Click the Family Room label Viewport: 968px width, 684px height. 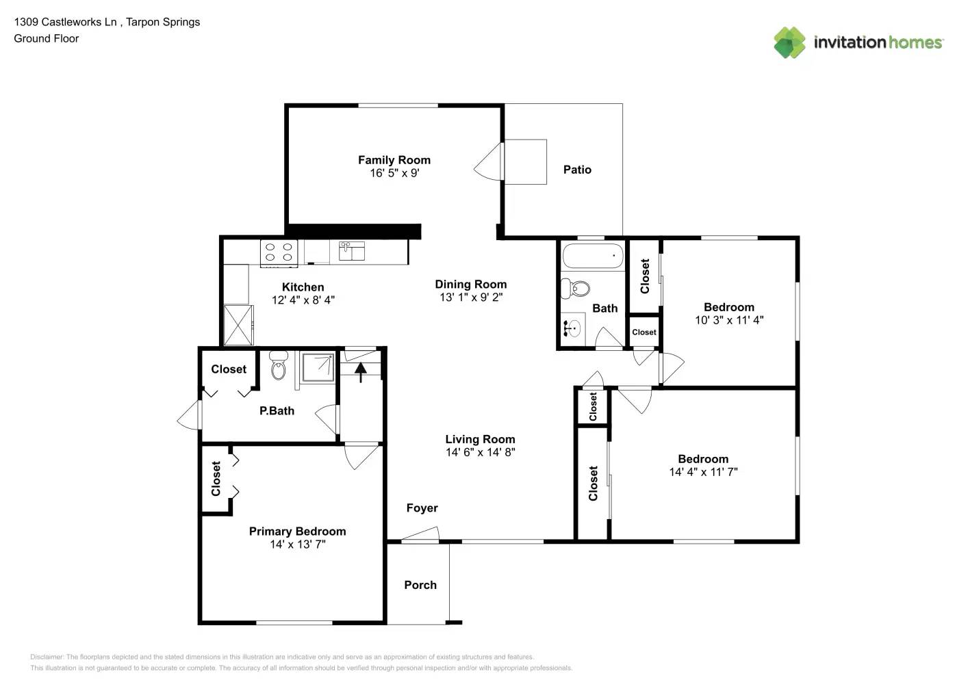[x=394, y=160]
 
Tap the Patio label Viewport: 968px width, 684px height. [x=577, y=170]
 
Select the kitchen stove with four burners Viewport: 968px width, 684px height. [x=279, y=252]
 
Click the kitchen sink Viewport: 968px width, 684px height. [x=352, y=251]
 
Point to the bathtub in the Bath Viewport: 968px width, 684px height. [x=593, y=256]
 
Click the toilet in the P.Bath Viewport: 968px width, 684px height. [x=278, y=367]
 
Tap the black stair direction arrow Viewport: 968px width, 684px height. [x=361, y=371]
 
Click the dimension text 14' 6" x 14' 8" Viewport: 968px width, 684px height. [x=480, y=452]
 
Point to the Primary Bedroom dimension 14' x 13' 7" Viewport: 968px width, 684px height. [x=297, y=544]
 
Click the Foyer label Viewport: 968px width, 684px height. [x=422, y=508]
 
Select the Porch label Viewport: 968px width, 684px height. [x=420, y=586]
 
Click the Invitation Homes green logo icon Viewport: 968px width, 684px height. [x=789, y=42]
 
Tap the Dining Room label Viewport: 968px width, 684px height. [x=471, y=285]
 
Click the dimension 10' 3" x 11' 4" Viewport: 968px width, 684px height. [x=729, y=320]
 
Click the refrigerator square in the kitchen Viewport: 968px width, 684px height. [x=238, y=326]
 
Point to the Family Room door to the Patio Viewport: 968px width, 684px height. [x=488, y=163]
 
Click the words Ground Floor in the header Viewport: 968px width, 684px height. [x=46, y=39]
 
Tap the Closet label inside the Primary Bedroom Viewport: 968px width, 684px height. [x=216, y=478]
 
